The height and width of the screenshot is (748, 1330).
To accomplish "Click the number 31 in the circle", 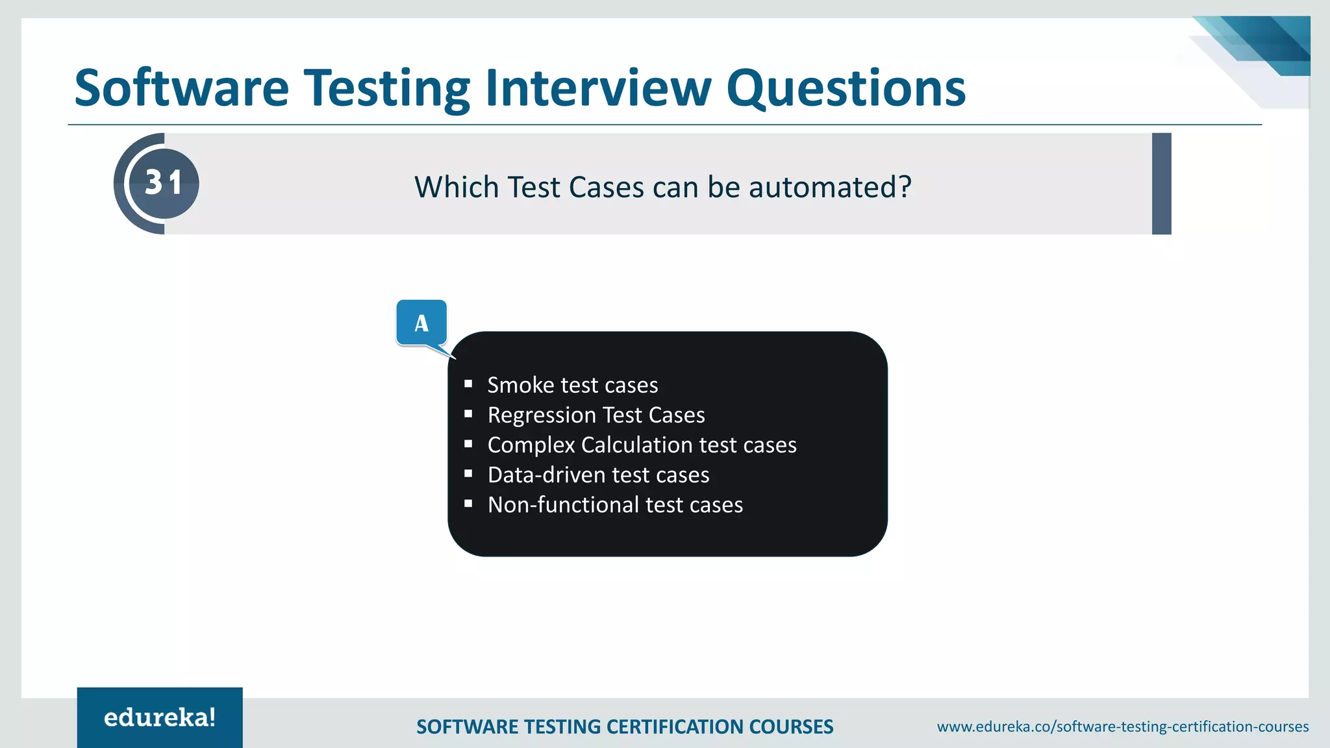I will click(163, 183).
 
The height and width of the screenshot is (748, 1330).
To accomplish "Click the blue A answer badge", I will click(421, 323).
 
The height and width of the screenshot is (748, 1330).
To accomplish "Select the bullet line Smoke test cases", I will click(572, 385).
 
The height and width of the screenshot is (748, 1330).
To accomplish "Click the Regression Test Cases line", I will click(596, 415).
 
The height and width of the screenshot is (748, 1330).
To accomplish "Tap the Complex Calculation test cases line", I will click(642, 445).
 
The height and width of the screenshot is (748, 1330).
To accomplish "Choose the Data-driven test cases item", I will click(598, 475).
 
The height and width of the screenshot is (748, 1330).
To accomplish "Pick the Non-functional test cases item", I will click(615, 505).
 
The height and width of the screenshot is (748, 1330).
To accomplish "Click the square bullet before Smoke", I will click(468, 384).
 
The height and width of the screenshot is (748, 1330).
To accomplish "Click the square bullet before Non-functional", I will click(468, 503).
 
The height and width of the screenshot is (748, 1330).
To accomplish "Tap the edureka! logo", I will click(160, 717).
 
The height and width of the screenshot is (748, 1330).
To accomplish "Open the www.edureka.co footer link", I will click(1122, 727).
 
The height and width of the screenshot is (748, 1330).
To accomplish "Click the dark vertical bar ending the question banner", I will click(1161, 184).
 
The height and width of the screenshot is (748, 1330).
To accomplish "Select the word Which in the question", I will click(456, 187).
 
